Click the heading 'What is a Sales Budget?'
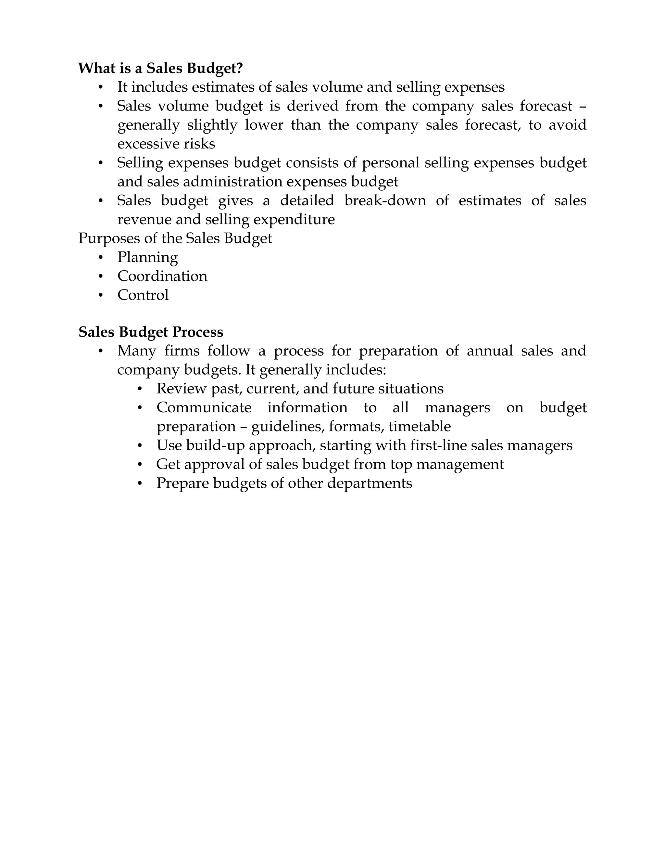pos(160,68)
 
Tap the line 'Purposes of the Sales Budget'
pos(175,238)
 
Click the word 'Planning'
pos(147,257)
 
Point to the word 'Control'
pos(143,295)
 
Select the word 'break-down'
pos(385,201)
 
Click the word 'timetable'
pos(420,427)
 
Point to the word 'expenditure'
pos(294,220)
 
